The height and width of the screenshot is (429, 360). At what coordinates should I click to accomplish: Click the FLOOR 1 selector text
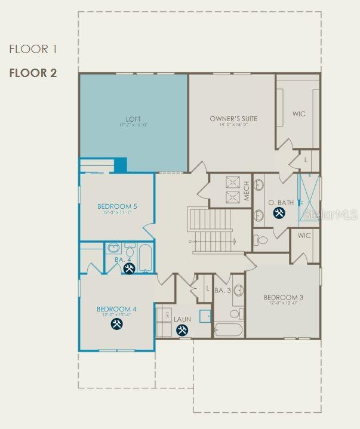(x=32, y=49)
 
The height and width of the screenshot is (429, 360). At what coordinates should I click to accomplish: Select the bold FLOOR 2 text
(x=33, y=73)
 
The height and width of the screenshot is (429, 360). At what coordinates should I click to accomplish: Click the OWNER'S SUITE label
(x=233, y=119)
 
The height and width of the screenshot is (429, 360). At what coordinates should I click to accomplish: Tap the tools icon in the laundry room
(x=182, y=330)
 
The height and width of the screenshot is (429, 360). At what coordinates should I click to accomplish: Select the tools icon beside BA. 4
(x=129, y=268)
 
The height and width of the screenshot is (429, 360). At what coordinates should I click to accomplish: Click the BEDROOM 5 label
(x=117, y=206)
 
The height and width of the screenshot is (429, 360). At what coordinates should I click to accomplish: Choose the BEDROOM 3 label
(x=284, y=297)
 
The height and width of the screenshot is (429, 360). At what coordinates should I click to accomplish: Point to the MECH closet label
(x=245, y=190)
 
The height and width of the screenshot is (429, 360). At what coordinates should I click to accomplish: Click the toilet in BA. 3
(x=235, y=314)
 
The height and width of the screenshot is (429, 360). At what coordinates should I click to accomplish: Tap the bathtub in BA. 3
(x=227, y=330)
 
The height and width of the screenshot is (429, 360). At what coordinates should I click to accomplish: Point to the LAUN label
(x=182, y=319)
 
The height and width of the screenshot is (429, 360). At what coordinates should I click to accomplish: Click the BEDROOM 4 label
(x=117, y=309)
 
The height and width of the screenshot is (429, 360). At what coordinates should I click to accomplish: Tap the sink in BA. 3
(x=238, y=291)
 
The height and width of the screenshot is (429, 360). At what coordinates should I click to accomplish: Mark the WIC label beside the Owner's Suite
(x=299, y=114)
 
